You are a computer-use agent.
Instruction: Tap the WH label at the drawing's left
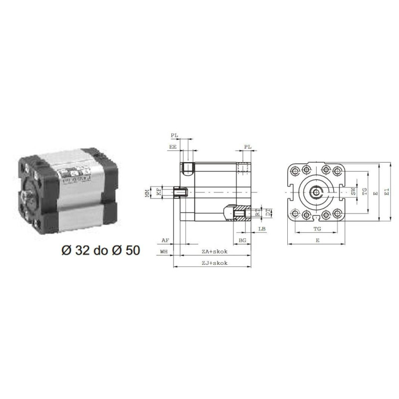tap(164, 252)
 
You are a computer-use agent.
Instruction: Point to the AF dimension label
tap(166, 240)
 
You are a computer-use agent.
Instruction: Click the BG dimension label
tap(242, 240)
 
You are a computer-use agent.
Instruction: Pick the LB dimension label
tap(262, 229)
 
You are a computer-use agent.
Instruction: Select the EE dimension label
tap(173, 148)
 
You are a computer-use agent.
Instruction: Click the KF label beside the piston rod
tap(159, 192)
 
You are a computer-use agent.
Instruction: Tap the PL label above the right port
tap(247, 147)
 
